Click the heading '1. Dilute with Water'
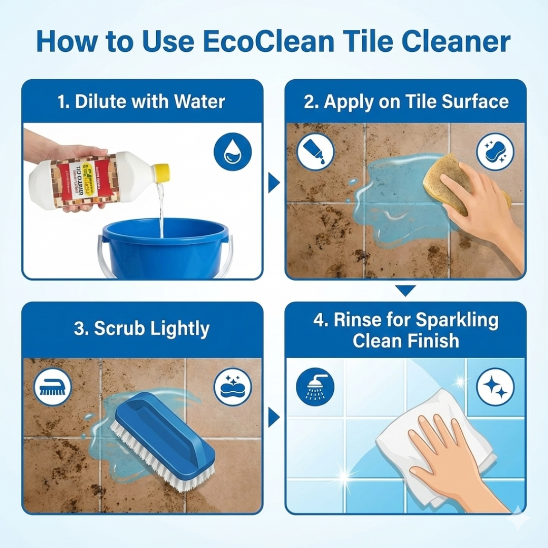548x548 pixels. (142, 101)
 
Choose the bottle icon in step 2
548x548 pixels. (316, 151)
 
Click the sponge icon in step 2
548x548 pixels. (495, 151)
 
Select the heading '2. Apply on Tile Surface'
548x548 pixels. (406, 101)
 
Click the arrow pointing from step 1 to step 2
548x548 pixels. (274, 183)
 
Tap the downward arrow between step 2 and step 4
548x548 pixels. (405, 291)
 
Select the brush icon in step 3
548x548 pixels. (53, 387)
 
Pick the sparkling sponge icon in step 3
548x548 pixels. (232, 387)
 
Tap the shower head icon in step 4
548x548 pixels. (315, 387)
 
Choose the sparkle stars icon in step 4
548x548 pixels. (495, 387)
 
